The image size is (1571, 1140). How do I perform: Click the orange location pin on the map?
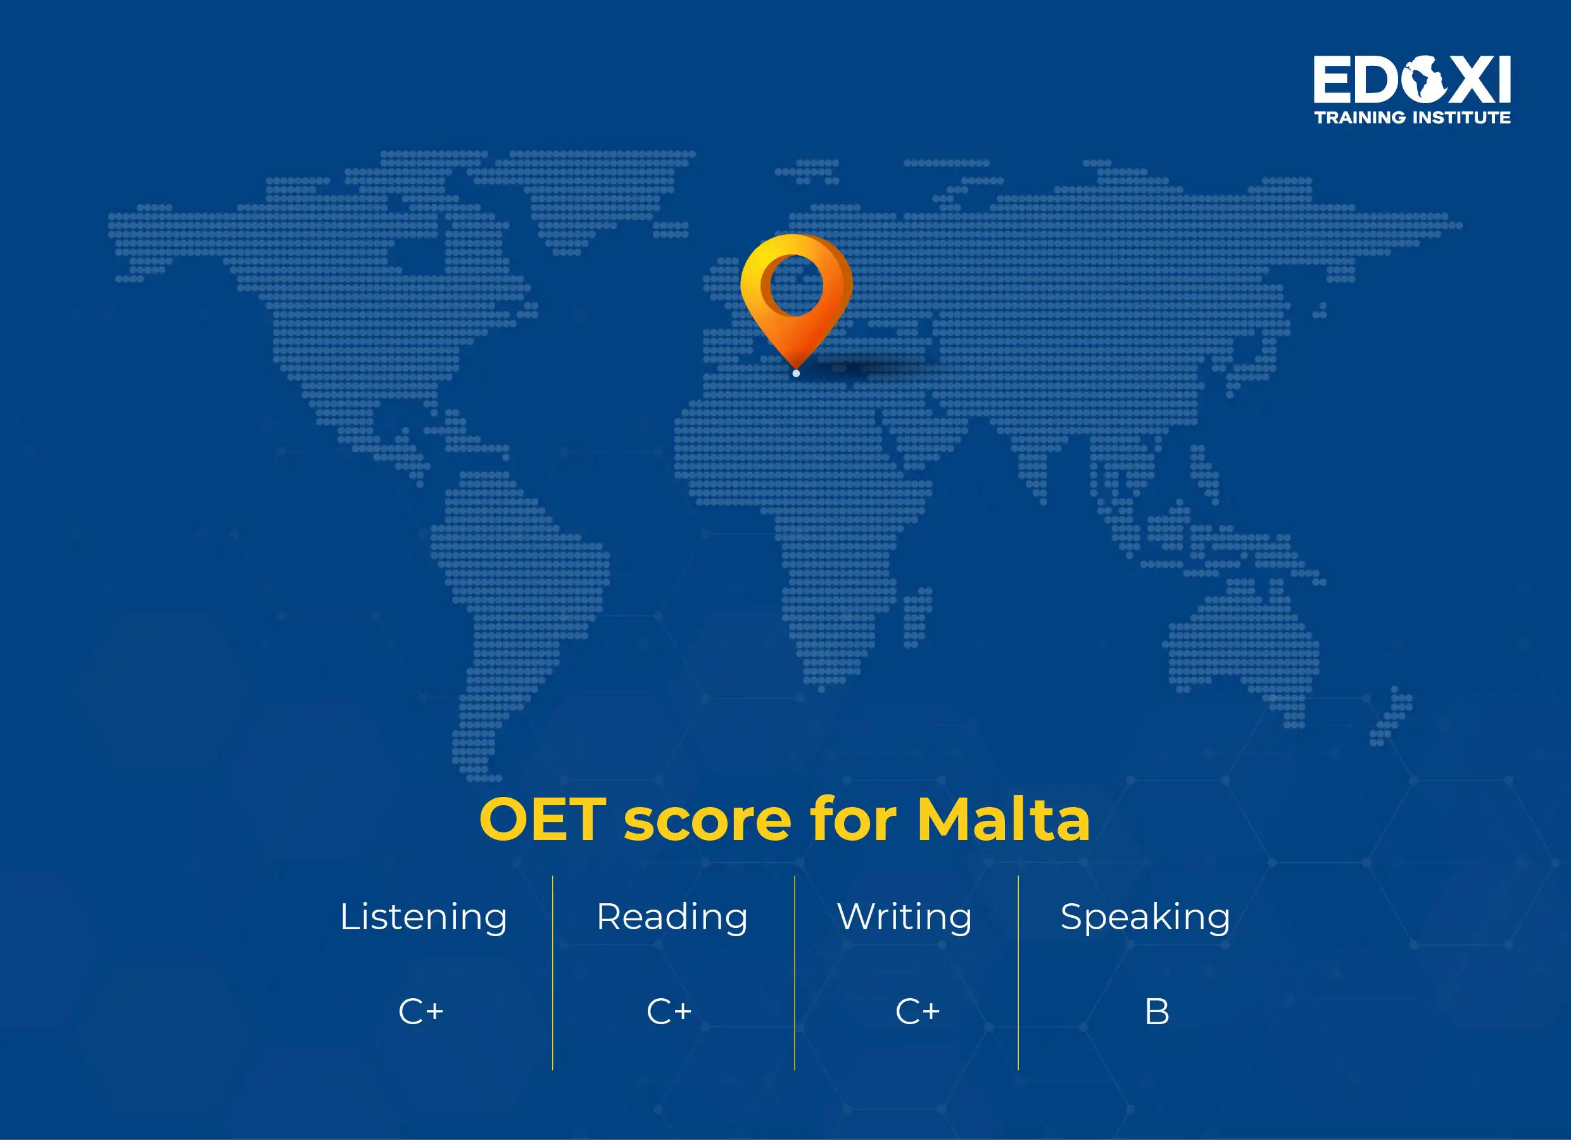(x=796, y=291)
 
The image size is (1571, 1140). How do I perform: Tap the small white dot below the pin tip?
(x=796, y=373)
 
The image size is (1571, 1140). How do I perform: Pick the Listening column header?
(x=423, y=917)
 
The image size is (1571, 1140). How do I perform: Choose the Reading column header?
(x=672, y=917)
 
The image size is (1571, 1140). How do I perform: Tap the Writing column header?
(x=904, y=917)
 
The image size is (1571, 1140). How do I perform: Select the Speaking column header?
(x=1145, y=917)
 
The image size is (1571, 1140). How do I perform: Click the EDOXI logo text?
(x=1411, y=80)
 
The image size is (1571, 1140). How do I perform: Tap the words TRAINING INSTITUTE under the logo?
(x=1411, y=118)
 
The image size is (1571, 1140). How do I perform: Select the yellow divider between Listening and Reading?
(x=553, y=972)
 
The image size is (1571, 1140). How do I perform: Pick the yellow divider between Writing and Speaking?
(x=1018, y=972)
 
